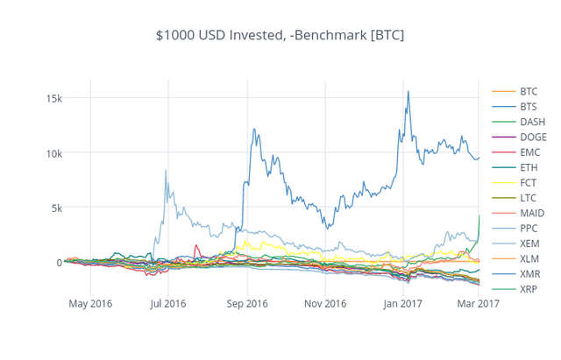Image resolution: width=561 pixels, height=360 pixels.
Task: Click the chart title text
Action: [280, 35]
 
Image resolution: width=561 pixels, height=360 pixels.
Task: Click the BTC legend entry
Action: [529, 91]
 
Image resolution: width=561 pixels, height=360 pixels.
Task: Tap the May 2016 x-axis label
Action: [90, 305]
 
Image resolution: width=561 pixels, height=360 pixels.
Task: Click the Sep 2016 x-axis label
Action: [246, 305]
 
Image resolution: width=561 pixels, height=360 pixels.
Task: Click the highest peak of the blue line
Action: [408, 91]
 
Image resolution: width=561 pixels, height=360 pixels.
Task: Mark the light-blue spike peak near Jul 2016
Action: [166, 171]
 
